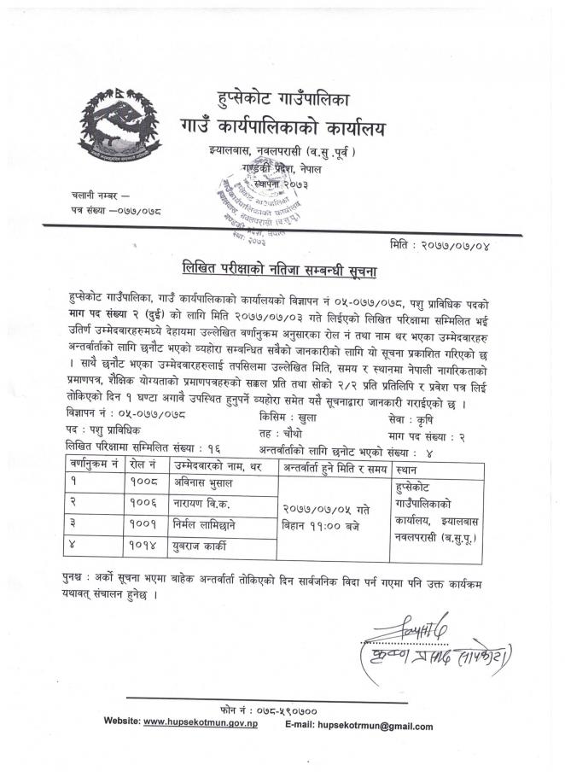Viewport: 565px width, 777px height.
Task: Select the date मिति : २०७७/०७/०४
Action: [451, 245]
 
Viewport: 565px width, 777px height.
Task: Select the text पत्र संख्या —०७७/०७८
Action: [117, 209]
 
